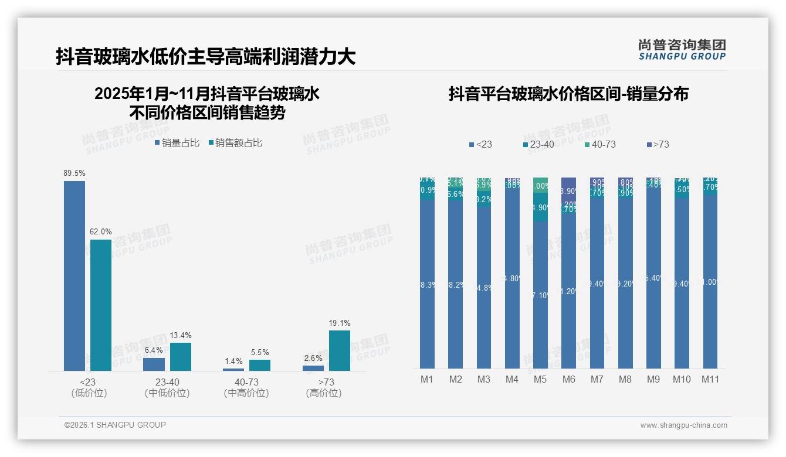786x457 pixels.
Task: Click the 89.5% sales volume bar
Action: tap(74, 275)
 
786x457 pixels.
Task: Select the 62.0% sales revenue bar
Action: tap(100, 305)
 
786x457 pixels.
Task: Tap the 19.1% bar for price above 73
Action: tap(339, 350)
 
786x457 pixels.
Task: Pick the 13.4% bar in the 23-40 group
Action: tap(180, 356)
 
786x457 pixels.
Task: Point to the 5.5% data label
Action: tap(259, 353)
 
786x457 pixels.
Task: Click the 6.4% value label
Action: tap(154, 350)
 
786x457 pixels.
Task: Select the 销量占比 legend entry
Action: tap(177, 143)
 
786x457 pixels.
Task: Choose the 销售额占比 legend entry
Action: tap(235, 143)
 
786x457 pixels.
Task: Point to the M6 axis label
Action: tap(568, 380)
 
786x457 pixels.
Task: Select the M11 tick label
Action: tap(712, 380)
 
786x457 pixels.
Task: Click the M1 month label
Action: tap(427, 380)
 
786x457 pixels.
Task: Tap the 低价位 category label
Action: tap(89, 393)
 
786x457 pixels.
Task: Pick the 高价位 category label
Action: tap(323, 393)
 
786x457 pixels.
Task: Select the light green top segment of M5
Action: tap(540, 185)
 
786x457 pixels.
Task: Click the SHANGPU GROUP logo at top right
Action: tap(682, 50)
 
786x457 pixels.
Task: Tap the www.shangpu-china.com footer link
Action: tap(683, 425)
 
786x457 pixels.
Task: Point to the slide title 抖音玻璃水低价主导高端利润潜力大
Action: tap(206, 57)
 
